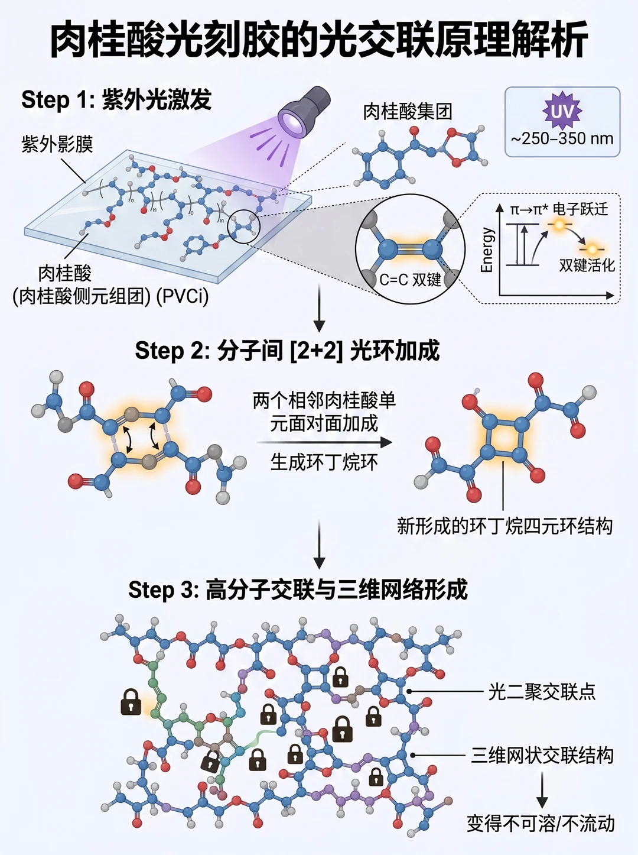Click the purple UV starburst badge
(x=562, y=112)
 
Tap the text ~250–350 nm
(x=562, y=139)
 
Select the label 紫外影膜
(x=57, y=144)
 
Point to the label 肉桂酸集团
(x=408, y=112)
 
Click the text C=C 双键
(x=410, y=280)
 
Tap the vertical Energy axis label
(x=487, y=250)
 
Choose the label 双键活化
(x=587, y=265)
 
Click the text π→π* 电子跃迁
(x=559, y=209)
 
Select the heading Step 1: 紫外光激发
(x=116, y=99)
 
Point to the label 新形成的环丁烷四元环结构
(x=505, y=526)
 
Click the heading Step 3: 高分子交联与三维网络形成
(x=298, y=590)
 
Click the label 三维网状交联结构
(x=542, y=755)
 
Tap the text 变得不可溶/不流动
(x=541, y=824)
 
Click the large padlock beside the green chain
(x=131, y=701)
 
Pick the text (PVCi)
(x=183, y=297)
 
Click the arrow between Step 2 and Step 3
(x=319, y=545)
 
